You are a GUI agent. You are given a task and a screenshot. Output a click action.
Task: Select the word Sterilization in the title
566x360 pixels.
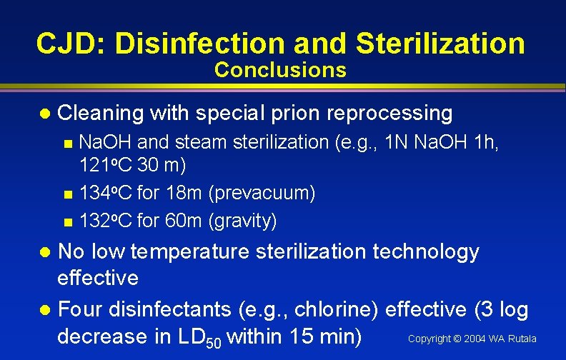coord(440,44)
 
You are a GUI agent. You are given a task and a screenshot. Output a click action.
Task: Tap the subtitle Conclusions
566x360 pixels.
coord(280,70)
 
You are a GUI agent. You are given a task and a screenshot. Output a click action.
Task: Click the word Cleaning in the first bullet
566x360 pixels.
coord(100,113)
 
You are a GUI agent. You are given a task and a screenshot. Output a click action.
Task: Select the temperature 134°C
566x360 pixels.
coord(105,193)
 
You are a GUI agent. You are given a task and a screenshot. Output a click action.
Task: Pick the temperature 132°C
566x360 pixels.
coord(105,221)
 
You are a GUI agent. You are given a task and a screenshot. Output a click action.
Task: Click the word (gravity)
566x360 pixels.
coord(242,221)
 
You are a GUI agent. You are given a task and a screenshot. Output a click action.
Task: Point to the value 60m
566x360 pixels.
coord(182,221)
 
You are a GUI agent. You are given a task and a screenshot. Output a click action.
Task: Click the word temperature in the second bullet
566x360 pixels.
coord(189,251)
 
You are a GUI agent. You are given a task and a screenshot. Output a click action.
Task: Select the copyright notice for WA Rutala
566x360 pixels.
coord(472,339)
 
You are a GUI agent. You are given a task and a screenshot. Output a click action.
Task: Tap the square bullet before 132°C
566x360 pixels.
coord(67,221)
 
